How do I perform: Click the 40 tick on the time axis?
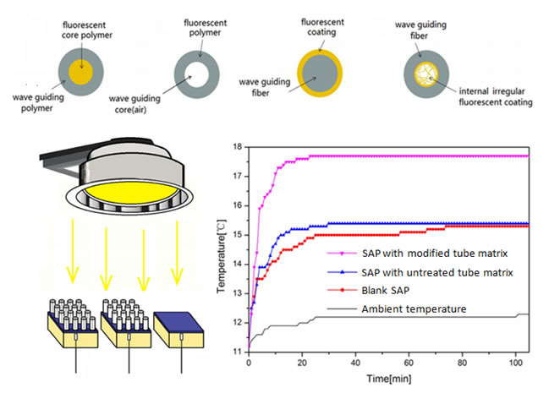(355, 362)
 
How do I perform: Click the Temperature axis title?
(220, 248)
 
